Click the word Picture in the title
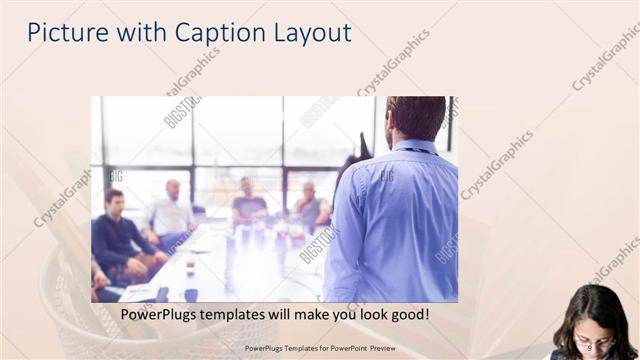click(63, 32)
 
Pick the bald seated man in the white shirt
click(172, 212)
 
